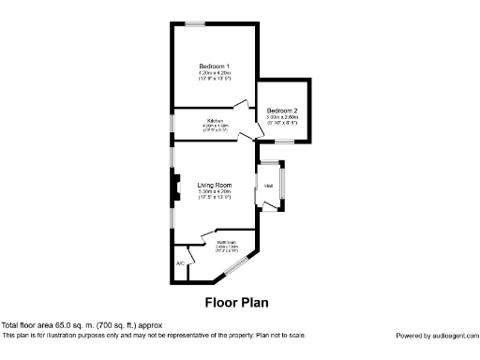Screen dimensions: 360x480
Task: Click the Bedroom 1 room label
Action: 214,66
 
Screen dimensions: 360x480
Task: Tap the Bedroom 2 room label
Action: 282,111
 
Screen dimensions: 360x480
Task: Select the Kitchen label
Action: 215,121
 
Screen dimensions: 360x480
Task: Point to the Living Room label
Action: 214,185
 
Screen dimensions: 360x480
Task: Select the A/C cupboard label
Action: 180,263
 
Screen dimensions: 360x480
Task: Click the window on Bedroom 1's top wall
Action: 196,23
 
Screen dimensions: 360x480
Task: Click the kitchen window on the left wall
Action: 171,124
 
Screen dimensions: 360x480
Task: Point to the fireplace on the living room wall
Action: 173,189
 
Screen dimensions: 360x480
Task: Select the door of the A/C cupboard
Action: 191,253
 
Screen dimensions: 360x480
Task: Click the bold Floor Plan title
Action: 236,303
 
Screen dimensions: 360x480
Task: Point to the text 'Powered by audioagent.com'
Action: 436,335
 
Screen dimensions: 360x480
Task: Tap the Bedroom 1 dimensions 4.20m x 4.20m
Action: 214,72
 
